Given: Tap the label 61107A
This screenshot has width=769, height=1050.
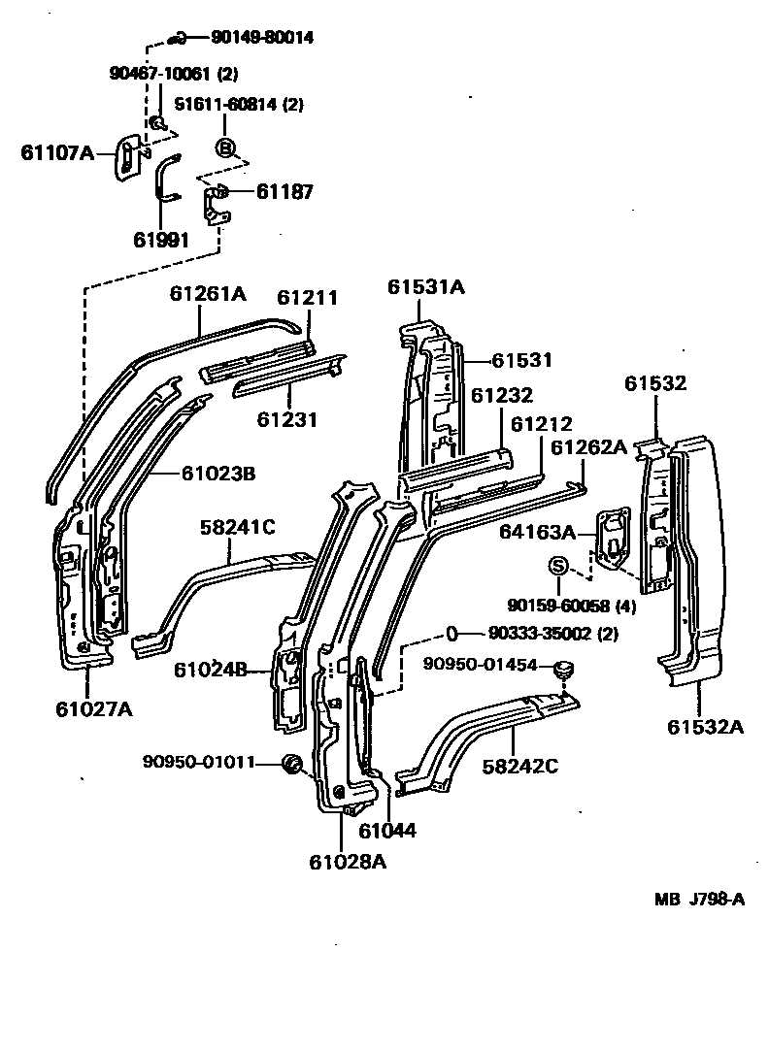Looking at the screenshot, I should tap(57, 151).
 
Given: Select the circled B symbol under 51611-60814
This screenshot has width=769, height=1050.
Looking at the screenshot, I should tap(224, 148).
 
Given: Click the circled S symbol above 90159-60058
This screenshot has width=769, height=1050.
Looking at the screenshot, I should tap(559, 567).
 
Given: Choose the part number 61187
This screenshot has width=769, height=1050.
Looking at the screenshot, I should tap(284, 192).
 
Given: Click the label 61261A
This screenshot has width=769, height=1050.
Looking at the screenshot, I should tap(208, 292).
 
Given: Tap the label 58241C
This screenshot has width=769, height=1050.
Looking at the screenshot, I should tap(238, 527).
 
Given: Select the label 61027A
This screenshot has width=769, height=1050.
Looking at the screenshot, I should tap(94, 709).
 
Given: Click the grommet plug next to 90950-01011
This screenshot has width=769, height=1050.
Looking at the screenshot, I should tap(289, 765).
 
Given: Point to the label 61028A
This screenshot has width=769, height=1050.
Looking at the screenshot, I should tap(348, 861).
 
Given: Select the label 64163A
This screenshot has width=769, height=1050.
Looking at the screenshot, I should tap(538, 532).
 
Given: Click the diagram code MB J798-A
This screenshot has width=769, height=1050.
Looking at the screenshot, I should tap(699, 899).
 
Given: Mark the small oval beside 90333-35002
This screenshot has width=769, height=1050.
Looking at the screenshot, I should tap(452, 634).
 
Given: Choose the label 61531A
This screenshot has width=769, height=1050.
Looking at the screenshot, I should tap(426, 286).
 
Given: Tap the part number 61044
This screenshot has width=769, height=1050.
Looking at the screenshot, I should tap(386, 831).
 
